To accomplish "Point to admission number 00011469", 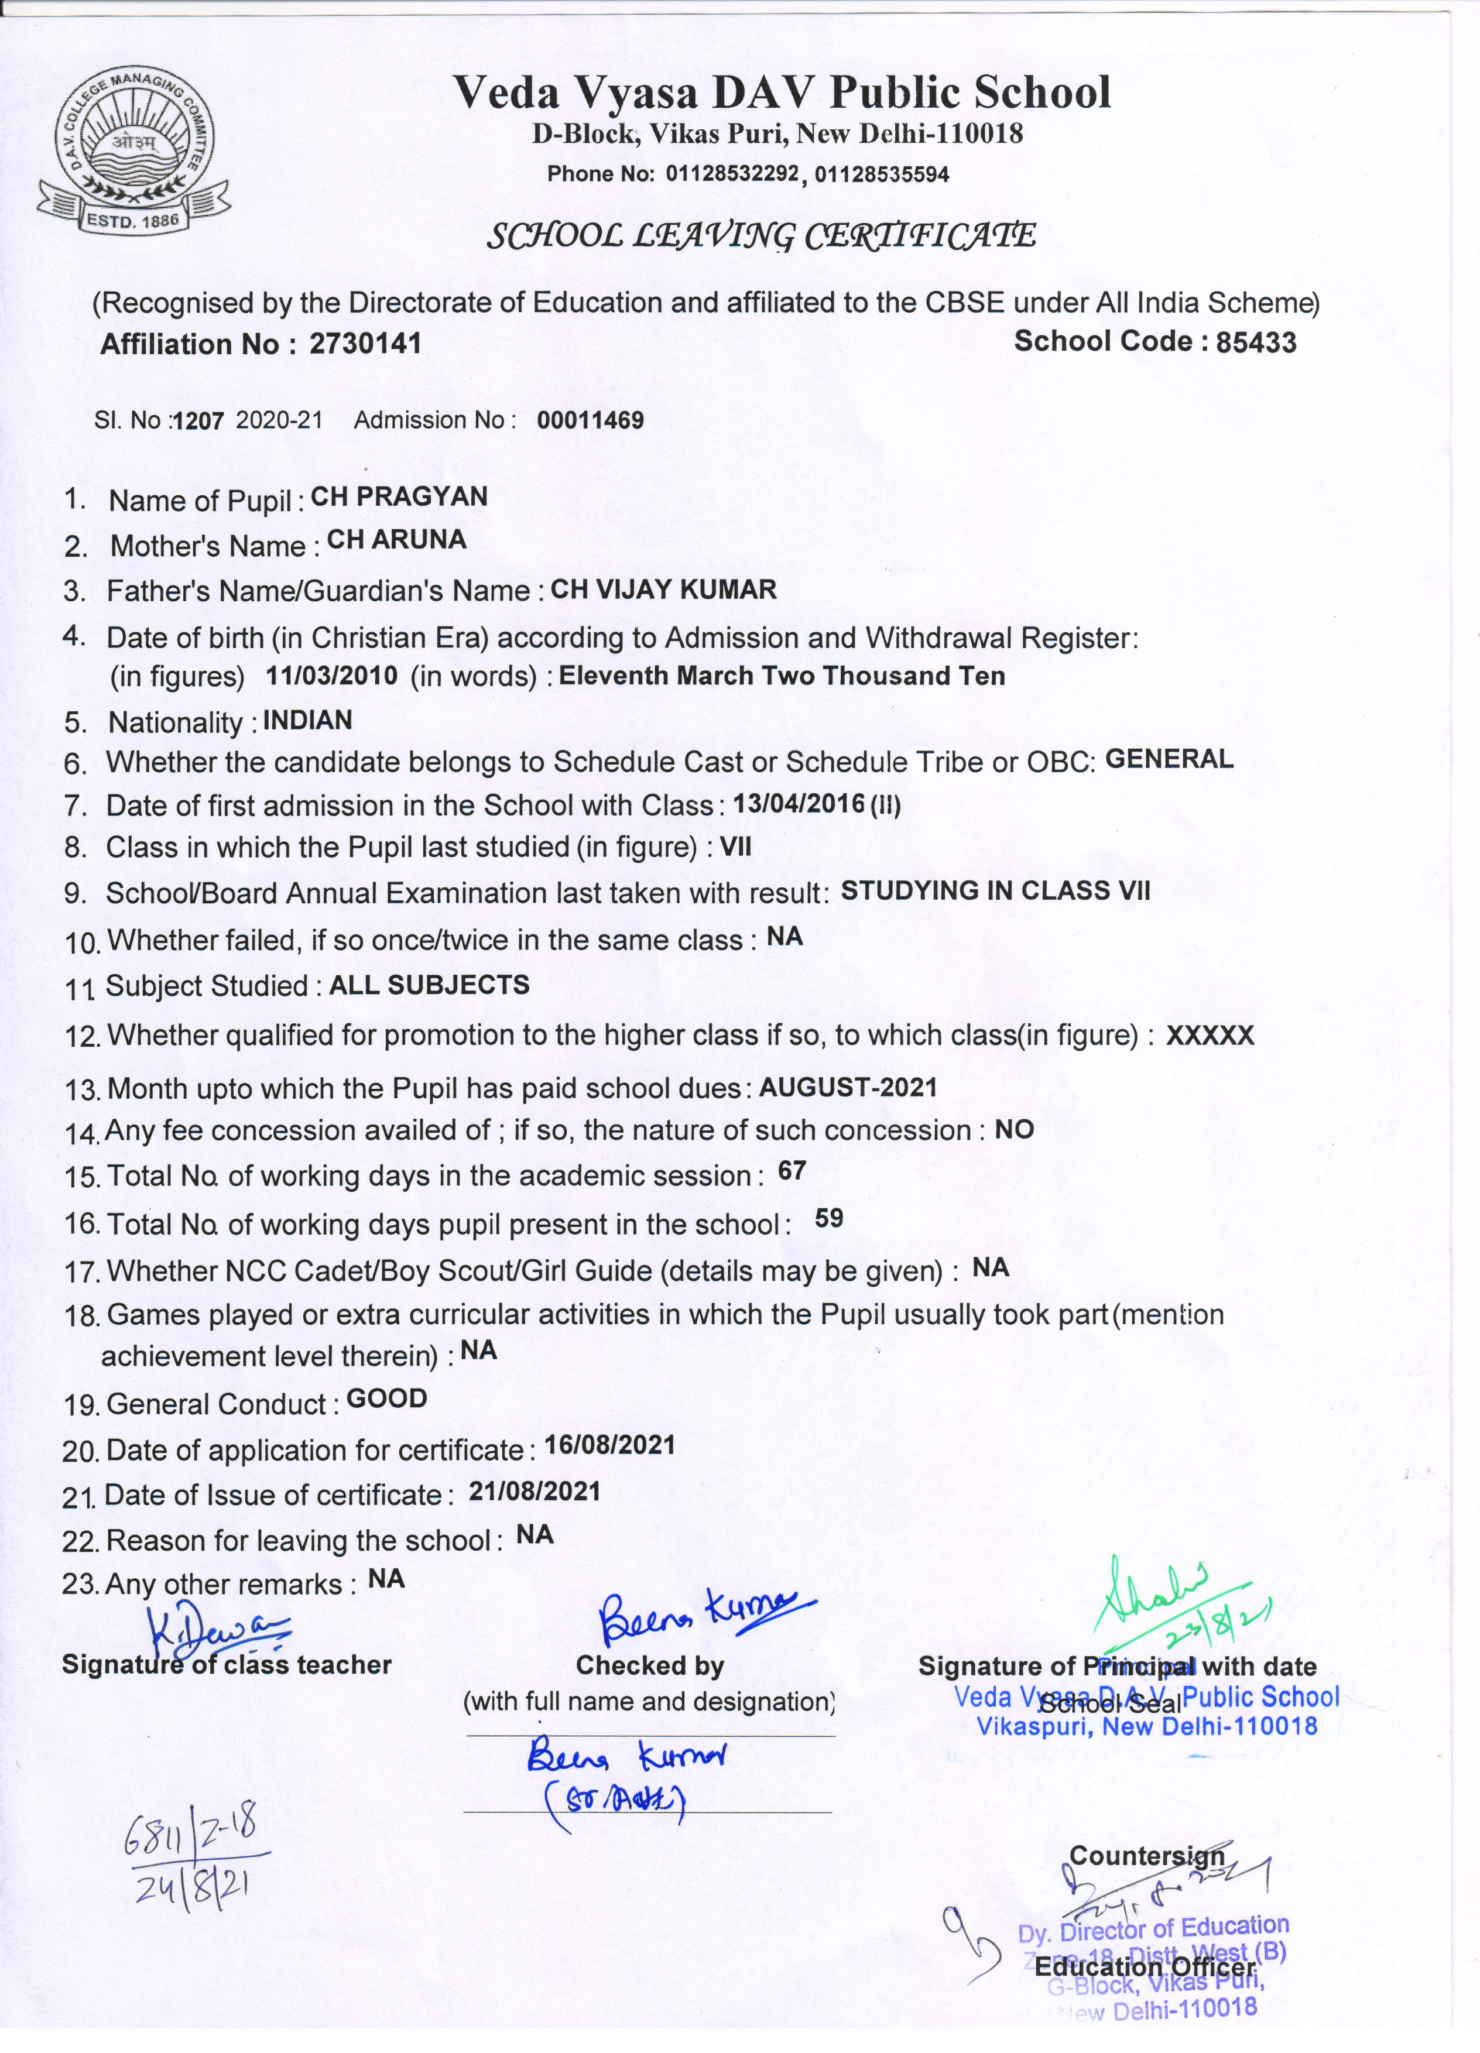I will click(590, 420).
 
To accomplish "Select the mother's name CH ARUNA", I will click(396, 540).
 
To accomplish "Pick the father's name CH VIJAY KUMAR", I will click(663, 589).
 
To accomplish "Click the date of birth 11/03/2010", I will click(331, 676).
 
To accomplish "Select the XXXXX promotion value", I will click(1210, 1036).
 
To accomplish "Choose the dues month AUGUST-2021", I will click(847, 1087).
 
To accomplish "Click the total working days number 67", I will click(792, 1171).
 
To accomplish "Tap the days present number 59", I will click(829, 1218).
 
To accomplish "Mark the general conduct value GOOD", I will click(386, 1399).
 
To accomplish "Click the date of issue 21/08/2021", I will click(534, 1492).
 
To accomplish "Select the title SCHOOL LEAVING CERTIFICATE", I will click(760, 237).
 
